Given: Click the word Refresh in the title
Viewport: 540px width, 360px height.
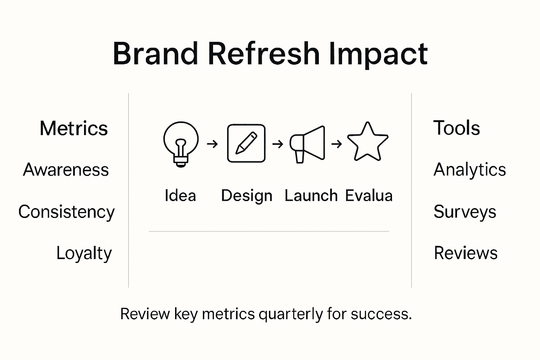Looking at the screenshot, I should [264, 54].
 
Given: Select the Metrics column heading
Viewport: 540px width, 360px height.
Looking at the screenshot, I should [73, 128].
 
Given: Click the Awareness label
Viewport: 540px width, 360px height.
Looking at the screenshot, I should [66, 170].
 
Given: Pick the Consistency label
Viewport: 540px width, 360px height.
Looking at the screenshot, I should [66, 212].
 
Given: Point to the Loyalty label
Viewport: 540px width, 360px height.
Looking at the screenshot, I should [84, 253].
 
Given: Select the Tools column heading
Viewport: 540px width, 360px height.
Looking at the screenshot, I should [456, 128].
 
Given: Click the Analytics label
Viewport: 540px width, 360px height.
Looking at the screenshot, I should [469, 170].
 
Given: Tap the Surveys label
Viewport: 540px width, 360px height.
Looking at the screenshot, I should [464, 212].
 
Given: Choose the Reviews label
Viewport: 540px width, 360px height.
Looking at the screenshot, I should [465, 253].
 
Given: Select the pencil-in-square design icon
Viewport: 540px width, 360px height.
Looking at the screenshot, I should [246, 143].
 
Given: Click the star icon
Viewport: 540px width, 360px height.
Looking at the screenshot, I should [367, 142].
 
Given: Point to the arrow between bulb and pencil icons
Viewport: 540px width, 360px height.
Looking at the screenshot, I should [212, 144].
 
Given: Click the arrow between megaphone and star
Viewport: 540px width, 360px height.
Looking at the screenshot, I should [336, 144].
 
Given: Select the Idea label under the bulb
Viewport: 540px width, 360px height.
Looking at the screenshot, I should [180, 195].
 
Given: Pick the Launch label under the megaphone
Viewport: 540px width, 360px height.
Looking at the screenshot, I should [311, 195].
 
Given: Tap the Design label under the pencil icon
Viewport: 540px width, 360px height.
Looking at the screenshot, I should [246, 195].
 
